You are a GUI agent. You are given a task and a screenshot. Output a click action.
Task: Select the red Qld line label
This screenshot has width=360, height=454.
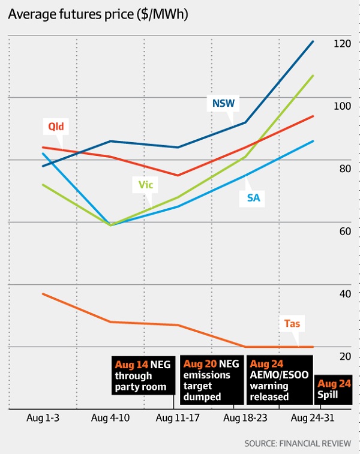pos(56,127)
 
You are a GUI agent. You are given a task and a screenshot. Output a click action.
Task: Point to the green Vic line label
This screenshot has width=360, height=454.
pos(146,185)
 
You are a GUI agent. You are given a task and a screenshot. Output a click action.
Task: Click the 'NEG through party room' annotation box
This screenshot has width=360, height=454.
pos(144,375)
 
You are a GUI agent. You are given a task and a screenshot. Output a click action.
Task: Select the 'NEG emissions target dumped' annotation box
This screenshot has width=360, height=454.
pos(212,380)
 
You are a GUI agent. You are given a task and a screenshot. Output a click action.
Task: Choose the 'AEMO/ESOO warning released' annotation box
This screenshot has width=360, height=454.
pos(278,380)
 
